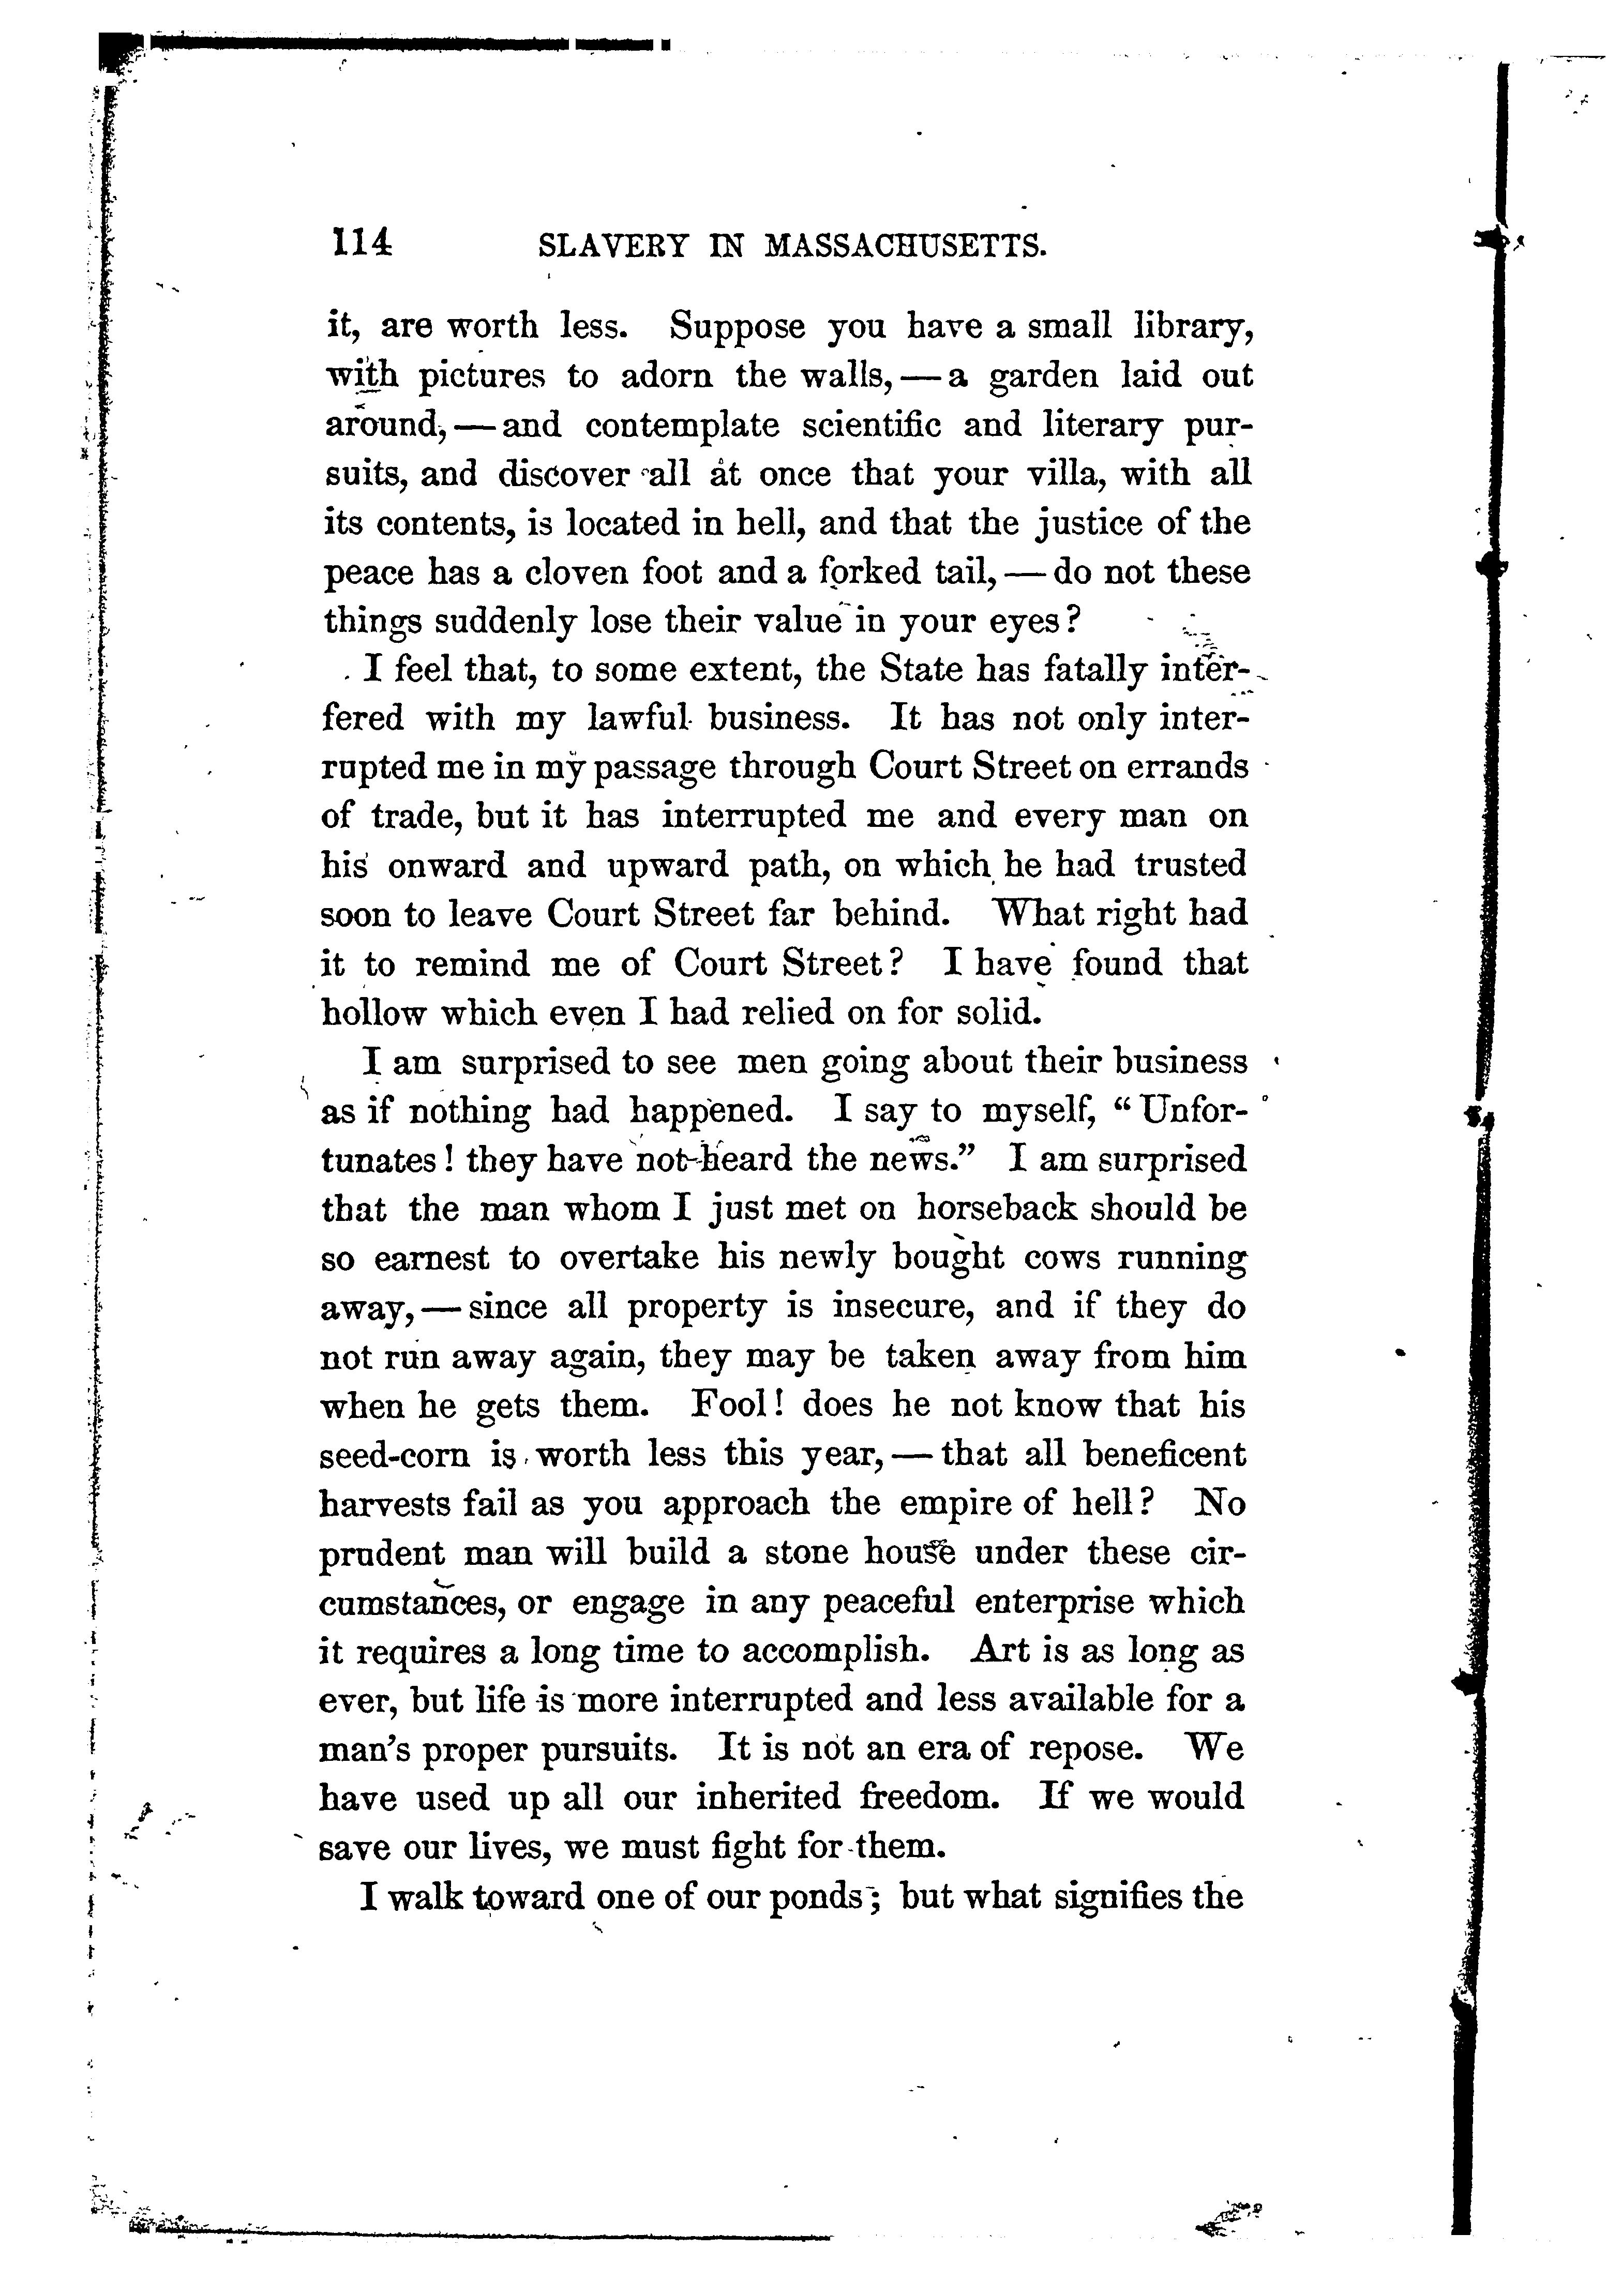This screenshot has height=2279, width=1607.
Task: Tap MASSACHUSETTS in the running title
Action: (905, 244)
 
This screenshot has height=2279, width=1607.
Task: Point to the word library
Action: (1181, 327)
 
